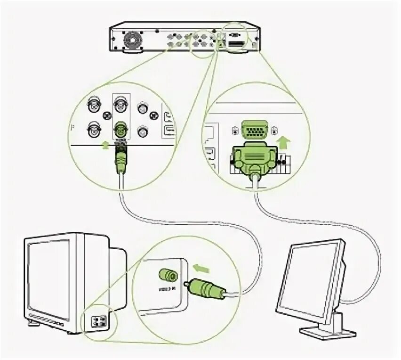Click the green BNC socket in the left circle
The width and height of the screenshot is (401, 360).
tap(120, 127)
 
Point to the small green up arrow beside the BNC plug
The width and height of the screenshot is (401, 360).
tap(105, 146)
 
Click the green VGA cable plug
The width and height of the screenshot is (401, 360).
tap(255, 158)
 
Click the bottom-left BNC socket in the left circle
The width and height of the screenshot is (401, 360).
tap(94, 128)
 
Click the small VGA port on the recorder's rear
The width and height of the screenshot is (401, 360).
tap(233, 35)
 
